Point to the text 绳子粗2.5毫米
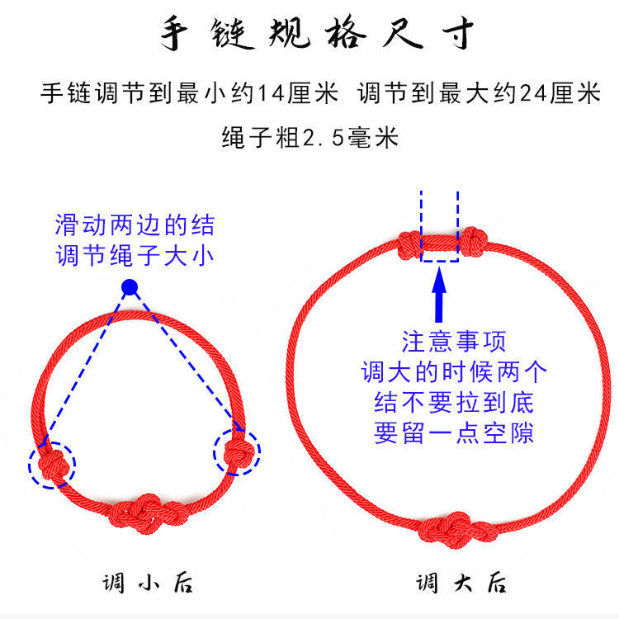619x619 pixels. click(309, 136)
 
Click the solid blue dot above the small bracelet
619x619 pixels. click(129, 287)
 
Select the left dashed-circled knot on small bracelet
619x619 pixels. click(51, 460)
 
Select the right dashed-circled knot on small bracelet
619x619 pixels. click(237, 451)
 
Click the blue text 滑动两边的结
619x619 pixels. click(135, 224)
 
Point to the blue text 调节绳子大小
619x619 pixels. click(135, 256)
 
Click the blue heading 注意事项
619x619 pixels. click(453, 341)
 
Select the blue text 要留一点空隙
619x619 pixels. click(453, 433)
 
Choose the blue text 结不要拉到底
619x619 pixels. click(453, 403)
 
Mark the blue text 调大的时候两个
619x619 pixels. click(453, 372)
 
